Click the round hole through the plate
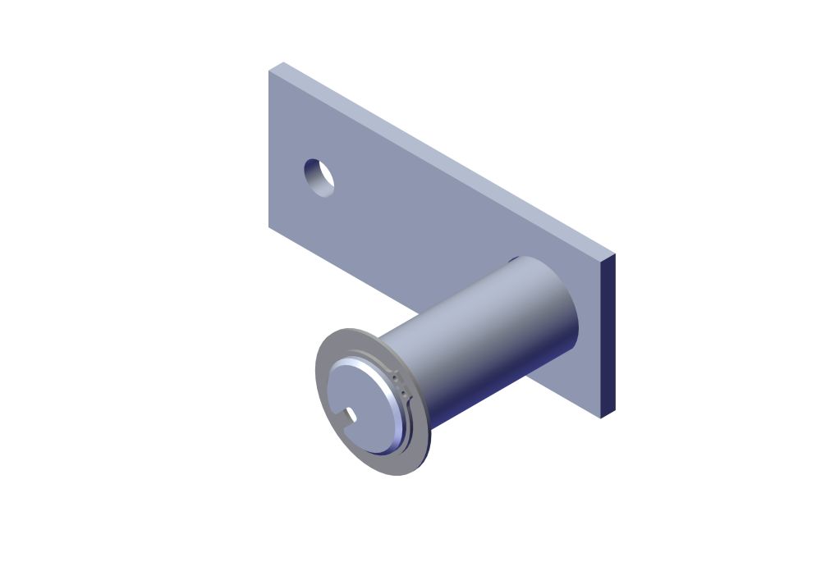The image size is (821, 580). pos(319,177)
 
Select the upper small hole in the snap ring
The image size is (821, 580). pos(396,379)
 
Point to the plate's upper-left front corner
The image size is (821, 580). pos(269,71)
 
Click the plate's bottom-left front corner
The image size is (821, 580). pos(269,226)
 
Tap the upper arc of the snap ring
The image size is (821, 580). pos(361,358)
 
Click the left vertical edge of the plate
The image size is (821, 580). pos(269,148)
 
